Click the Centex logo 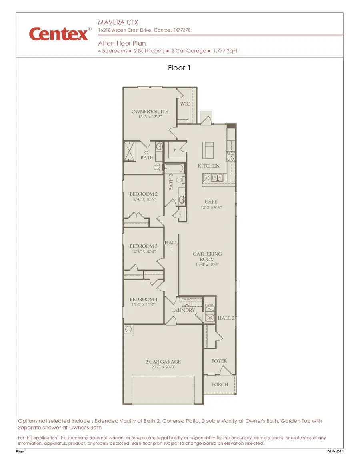click(58, 34)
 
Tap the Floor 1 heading click(179, 68)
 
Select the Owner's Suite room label click(150, 112)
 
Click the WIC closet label click(185, 104)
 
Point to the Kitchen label click(209, 166)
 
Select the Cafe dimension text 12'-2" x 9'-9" click(211, 208)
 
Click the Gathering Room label click(207, 256)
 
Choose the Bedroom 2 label click(143, 194)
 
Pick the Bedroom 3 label click(143, 246)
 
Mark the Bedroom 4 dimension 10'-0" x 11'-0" click(143, 305)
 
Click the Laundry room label click(183, 310)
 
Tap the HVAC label click(210, 305)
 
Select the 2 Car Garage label click(163, 362)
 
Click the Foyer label click(219, 361)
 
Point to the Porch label click(220, 384)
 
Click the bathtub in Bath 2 click(173, 168)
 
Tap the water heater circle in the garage click(129, 329)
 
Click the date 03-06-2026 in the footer click(335, 452)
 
